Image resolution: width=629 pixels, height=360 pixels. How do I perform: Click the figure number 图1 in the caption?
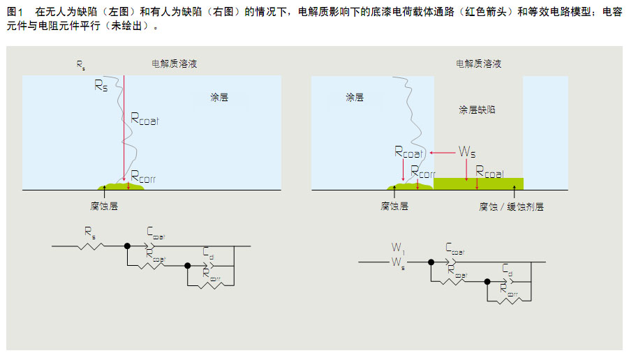coord(15,13)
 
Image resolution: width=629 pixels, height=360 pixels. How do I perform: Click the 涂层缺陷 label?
coord(478,110)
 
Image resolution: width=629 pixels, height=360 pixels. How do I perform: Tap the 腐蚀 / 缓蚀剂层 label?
coord(511,207)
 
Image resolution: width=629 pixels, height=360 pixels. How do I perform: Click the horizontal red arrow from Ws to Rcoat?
coord(441,151)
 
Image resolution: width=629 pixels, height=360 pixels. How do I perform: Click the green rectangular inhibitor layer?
coord(478,183)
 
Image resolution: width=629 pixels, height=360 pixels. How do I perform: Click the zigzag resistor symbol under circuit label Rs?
coord(91,246)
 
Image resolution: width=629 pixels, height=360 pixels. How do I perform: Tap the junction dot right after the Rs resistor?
coord(127,246)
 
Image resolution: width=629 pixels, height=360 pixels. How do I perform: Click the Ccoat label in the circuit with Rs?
coord(156,232)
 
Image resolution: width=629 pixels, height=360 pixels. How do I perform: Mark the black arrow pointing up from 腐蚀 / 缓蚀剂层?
coord(512,195)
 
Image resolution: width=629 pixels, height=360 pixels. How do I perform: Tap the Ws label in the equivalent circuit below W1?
coord(397,267)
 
